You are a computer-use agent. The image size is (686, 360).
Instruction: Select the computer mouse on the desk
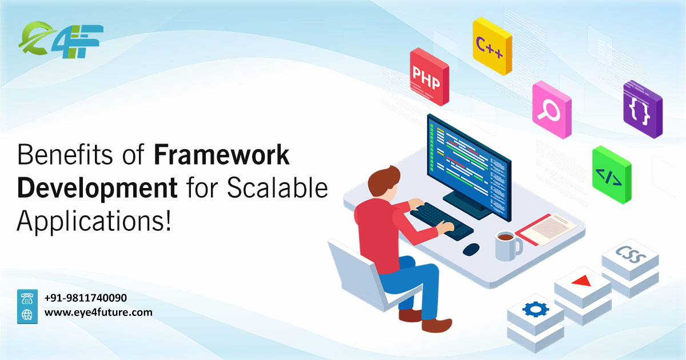coord(471,249)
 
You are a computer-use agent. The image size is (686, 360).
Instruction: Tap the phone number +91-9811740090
coord(86,298)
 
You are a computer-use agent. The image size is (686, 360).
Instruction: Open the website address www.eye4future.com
coord(98,313)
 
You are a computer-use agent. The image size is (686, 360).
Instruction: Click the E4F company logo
coord(60,38)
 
